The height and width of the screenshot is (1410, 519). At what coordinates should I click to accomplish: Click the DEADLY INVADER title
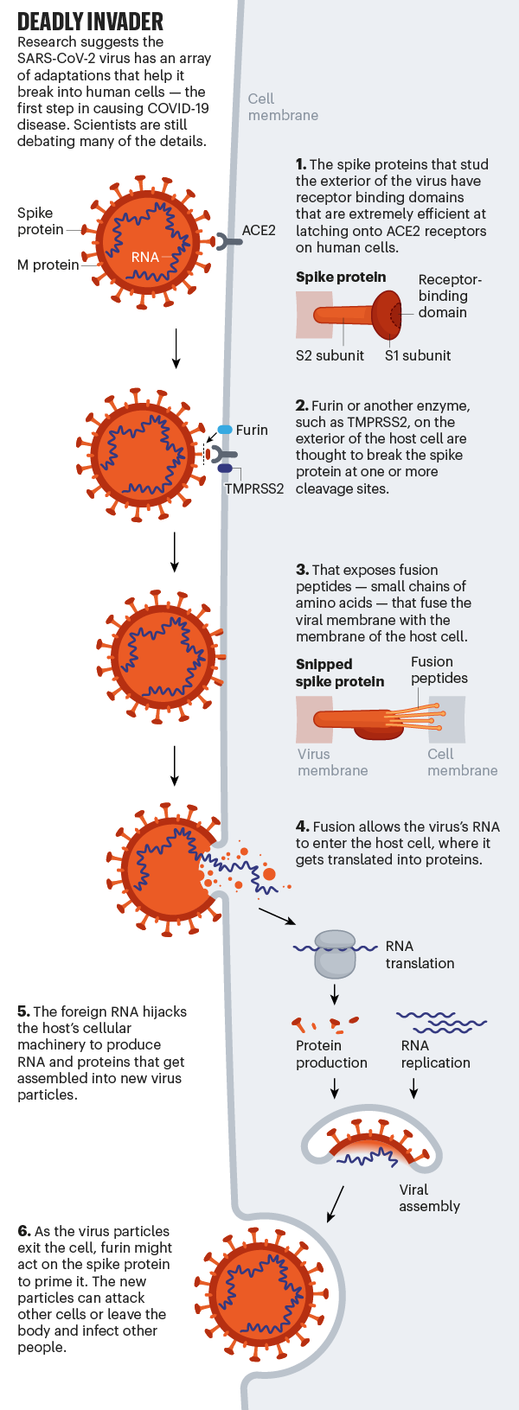point(90,22)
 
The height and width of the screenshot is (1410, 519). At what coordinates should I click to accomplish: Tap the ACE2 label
point(259,230)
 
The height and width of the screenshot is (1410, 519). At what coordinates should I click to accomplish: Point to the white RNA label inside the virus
point(144,257)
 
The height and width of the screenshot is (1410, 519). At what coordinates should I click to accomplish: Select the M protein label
point(48,265)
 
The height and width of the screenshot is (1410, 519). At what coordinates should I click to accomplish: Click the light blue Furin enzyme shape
point(225,430)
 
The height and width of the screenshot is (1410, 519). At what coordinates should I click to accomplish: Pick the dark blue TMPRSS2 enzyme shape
point(225,469)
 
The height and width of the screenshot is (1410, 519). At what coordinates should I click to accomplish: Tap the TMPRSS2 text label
point(254,488)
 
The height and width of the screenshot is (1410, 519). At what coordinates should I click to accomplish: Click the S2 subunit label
point(330,355)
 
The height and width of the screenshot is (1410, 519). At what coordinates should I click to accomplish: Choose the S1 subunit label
point(418,355)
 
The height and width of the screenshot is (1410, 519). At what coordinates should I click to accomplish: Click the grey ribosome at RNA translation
point(335,954)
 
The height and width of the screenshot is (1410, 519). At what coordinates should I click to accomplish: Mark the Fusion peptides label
point(439,670)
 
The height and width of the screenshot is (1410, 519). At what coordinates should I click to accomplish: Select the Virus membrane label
point(332,762)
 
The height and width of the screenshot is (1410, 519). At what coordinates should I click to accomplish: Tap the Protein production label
point(331,1054)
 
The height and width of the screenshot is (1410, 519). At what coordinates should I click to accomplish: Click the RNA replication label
point(435,1054)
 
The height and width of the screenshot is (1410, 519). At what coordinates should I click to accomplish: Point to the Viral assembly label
point(429,1198)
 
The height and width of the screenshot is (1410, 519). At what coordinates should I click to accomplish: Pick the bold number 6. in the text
point(24,1231)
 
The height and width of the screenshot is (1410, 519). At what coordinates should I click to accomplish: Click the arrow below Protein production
point(335,1088)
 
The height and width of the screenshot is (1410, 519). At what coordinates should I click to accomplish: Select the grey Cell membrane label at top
point(283,107)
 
